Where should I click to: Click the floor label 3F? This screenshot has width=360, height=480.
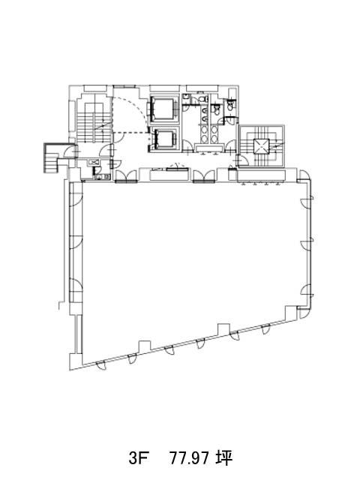coord(138,458)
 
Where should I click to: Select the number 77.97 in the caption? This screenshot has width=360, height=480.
coord(190,458)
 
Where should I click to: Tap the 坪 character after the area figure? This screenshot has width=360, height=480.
coord(223,458)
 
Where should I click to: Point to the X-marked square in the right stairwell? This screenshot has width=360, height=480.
coord(262,147)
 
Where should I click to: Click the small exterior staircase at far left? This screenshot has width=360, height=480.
coord(52,157)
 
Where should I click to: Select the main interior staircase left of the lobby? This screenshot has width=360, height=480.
coord(93,122)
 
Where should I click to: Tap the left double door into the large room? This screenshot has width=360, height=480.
coord(126,176)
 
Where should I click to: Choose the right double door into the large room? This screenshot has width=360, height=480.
coord(204,176)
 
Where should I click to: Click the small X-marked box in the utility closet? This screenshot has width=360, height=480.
coord(93,163)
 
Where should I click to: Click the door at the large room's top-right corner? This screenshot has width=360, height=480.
coord(304,175)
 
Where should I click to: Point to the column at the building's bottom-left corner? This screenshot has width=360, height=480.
coord(76,361)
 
